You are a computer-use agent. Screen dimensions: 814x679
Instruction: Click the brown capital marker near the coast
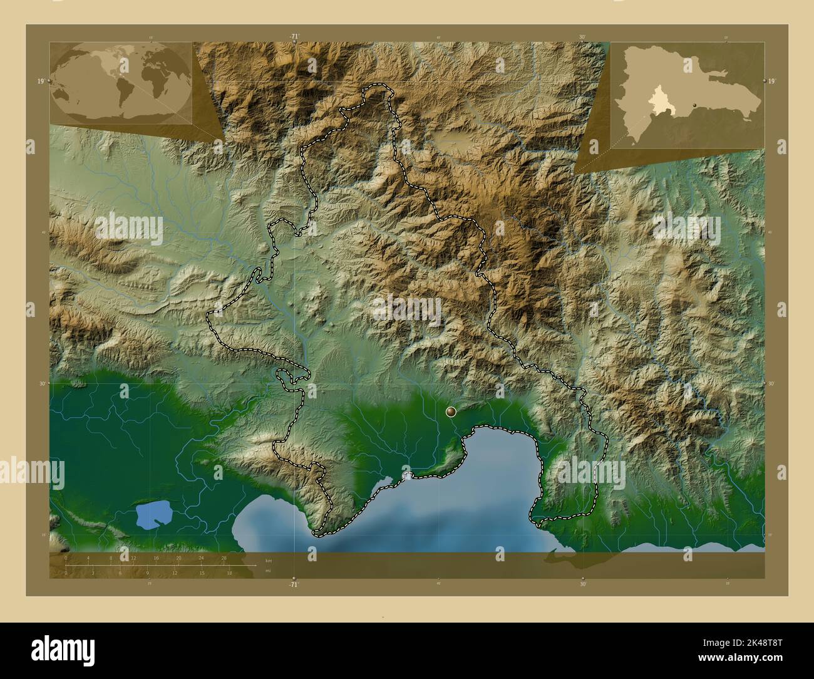(451, 412)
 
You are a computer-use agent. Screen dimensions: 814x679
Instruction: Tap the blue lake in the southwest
(154, 515)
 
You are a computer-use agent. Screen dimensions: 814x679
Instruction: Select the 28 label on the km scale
(224, 557)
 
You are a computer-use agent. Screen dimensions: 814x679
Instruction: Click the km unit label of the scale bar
(269, 560)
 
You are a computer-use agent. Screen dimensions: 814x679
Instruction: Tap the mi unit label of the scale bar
(269, 571)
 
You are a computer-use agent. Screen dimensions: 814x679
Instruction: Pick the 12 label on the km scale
(133, 557)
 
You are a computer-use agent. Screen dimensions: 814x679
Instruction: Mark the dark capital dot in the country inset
(694, 105)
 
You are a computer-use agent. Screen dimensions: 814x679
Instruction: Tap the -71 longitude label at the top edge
(294, 36)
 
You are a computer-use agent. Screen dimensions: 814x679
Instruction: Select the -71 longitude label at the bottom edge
(294, 584)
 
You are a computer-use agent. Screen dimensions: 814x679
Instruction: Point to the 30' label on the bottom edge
(583, 584)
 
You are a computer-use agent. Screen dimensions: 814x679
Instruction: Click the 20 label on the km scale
(178, 557)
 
